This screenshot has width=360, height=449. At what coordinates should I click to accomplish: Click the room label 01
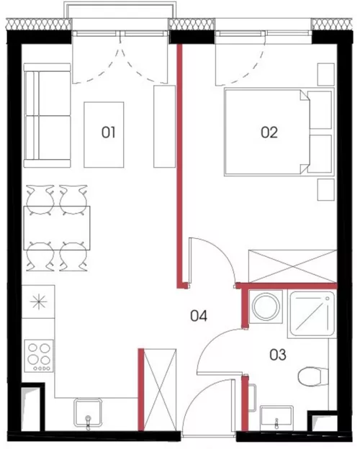pos(108,132)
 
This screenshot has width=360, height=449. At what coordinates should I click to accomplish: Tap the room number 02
pos(269,132)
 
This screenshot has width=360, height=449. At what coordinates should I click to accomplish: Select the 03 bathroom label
pos(278,355)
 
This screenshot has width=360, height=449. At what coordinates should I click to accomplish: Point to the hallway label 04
pos(199,316)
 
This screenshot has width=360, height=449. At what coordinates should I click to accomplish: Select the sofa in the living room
pos(47,115)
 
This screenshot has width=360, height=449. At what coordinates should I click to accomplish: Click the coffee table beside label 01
pos(104,135)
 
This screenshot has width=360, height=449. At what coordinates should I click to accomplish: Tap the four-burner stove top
pos(39,356)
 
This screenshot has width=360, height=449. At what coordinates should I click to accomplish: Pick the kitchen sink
pos(88,412)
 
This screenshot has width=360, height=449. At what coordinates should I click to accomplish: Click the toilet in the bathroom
pos(313,377)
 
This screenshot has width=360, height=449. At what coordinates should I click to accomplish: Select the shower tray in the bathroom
pos(312,314)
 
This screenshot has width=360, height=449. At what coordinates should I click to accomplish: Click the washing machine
pos(266,307)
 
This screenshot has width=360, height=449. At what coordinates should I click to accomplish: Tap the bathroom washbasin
pos(276,418)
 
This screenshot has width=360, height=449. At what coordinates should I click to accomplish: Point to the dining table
pos(57,228)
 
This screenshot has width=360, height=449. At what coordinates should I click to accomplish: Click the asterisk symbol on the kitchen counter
pos(38,301)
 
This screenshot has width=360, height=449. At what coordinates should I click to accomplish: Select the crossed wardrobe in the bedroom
pos(292,266)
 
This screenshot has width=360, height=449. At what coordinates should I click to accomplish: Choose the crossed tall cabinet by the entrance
pos(160,390)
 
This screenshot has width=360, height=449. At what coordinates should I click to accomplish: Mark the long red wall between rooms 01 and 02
pos(180,166)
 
